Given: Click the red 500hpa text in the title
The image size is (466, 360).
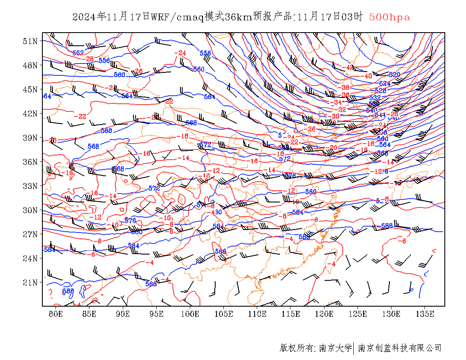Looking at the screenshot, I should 389,17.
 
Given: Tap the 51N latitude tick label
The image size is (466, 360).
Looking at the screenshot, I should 30,41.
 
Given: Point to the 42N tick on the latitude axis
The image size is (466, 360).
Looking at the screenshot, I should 30,114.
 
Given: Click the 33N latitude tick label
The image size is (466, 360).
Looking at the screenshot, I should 30,186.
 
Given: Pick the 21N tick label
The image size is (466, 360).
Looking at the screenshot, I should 30,282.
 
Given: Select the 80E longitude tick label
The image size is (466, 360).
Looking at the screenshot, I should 55,314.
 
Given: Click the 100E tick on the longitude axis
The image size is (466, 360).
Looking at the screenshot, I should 190,314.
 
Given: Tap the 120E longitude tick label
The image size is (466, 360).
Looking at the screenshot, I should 325,314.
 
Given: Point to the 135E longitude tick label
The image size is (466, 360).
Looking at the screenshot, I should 425,314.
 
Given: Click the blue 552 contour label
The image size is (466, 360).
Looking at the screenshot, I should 78,53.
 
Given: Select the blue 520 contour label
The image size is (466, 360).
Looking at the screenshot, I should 394,75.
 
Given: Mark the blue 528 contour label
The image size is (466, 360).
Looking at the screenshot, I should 380,91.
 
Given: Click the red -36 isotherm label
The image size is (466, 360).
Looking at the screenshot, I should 344,95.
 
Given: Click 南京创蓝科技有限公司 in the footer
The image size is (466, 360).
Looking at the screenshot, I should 399,348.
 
